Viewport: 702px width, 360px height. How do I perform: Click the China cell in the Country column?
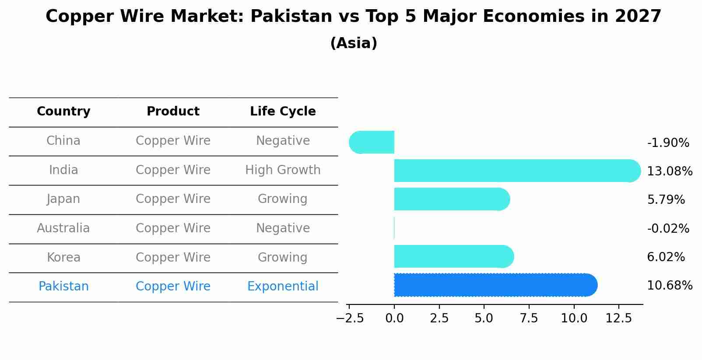click(x=63, y=141)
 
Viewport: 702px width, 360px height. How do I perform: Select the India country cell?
click(x=63, y=170)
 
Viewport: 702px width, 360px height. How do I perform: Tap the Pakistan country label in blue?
click(x=63, y=287)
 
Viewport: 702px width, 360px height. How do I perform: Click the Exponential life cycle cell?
click(x=283, y=287)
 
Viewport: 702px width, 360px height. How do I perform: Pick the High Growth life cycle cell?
click(x=283, y=170)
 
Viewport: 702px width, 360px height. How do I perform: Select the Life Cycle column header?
click(x=283, y=112)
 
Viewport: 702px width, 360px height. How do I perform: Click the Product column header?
click(x=173, y=112)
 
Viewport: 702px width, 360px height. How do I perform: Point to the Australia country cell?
click(x=63, y=228)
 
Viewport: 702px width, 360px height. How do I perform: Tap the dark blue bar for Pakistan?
click(x=495, y=285)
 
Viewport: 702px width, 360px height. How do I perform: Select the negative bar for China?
click(x=372, y=142)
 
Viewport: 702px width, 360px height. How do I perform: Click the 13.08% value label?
click(x=669, y=171)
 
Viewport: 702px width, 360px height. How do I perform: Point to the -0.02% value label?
click(x=668, y=229)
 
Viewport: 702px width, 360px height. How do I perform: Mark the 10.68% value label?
click(x=669, y=286)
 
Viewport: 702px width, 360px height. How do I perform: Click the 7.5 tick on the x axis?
click(x=529, y=318)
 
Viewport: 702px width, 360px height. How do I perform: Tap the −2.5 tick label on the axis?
click(x=350, y=318)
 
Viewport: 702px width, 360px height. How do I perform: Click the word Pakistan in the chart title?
click(x=291, y=17)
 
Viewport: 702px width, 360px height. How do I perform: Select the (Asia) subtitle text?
click(x=354, y=43)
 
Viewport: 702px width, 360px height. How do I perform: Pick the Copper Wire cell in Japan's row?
click(x=173, y=199)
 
